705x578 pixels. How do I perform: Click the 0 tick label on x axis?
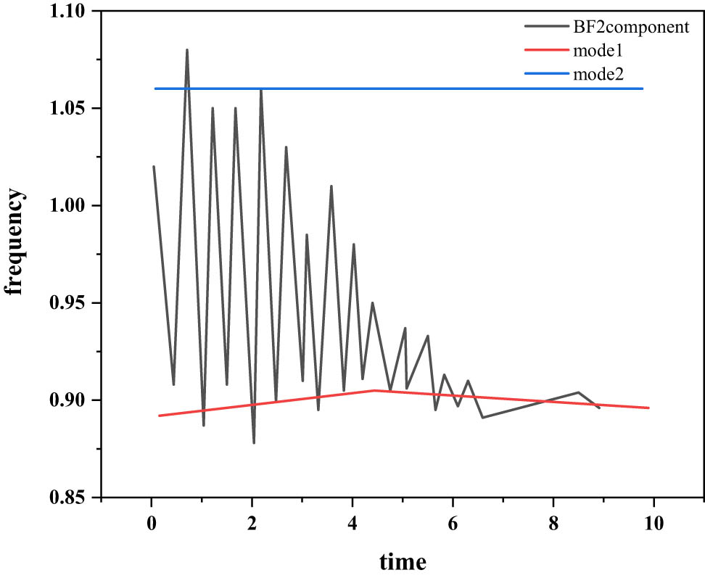click(152, 524)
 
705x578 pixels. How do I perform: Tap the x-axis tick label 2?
click(252, 524)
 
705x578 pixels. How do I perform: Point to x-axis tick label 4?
click(352, 524)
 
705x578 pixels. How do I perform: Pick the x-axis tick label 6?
click(453, 524)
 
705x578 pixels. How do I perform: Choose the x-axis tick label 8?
click(553, 524)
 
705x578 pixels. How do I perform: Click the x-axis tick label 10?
click(654, 524)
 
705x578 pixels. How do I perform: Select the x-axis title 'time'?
click(403, 561)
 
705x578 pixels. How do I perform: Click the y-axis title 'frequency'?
click(16, 242)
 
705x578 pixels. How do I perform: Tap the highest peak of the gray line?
click(187, 50)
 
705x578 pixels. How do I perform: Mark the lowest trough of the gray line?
click(254, 442)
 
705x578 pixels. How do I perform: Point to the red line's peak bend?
click(374, 390)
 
